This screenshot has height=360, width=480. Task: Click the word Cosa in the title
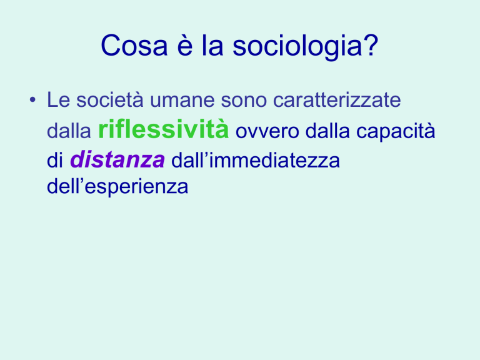(134, 45)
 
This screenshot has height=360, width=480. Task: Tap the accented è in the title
(185, 45)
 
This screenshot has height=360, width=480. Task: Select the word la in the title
(212, 45)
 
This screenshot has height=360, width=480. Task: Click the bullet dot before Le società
(32, 100)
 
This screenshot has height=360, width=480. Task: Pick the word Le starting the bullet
(59, 99)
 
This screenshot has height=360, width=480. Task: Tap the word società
(109, 99)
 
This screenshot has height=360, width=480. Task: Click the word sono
(244, 101)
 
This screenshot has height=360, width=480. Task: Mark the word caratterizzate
(337, 99)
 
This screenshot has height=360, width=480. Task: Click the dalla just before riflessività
(69, 131)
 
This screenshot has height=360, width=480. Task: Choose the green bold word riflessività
(163, 129)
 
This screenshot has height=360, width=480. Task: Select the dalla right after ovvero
(327, 131)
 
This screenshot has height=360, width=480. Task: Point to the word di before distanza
(55, 160)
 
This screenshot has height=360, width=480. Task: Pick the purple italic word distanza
(117, 159)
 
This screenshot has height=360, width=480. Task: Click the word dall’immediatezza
(255, 160)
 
